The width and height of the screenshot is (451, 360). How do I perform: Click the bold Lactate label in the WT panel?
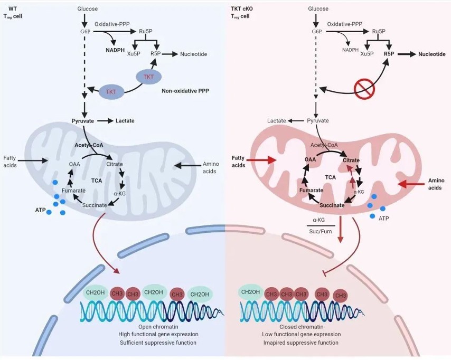(x=125, y=121)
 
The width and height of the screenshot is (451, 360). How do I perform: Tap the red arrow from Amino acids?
(x=412, y=184)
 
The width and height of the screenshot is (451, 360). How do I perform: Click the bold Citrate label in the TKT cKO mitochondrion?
(x=352, y=160)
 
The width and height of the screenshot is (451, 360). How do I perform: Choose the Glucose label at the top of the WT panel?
(x=88, y=9)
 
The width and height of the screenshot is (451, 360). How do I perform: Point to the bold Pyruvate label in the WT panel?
(x=83, y=121)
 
